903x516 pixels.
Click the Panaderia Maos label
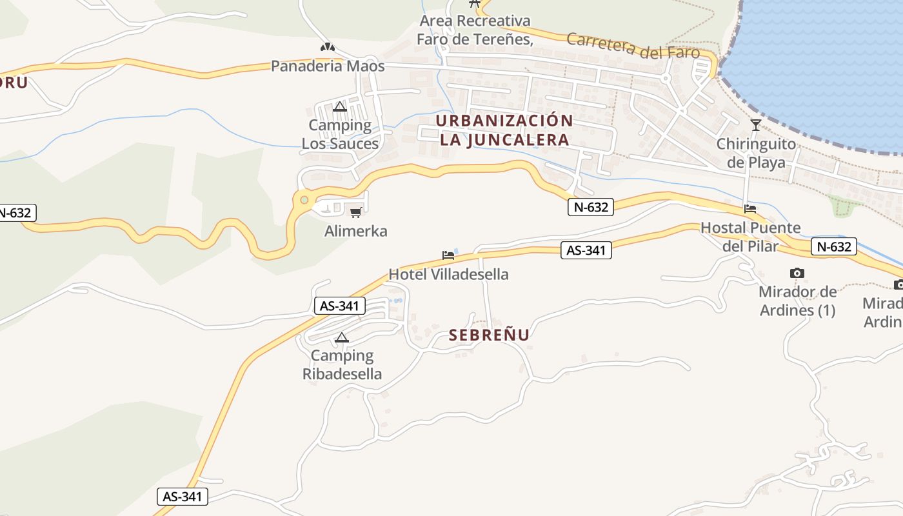click(x=328, y=66)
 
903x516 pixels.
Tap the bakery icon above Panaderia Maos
click(x=328, y=47)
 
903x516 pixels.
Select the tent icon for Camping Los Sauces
click(x=340, y=106)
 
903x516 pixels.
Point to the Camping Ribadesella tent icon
click(x=342, y=337)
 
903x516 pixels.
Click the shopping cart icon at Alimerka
click(x=355, y=212)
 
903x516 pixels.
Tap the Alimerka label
click(x=355, y=231)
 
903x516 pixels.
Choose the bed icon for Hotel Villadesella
click(x=448, y=255)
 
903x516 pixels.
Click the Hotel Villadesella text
click(x=448, y=274)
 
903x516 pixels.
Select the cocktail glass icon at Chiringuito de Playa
click(x=756, y=124)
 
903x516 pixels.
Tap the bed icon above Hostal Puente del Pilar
click(x=750, y=208)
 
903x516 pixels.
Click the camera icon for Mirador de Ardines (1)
click(x=797, y=273)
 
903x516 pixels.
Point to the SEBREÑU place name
click(x=489, y=335)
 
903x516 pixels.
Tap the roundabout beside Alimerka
click(x=304, y=201)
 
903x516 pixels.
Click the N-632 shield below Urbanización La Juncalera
click(x=590, y=207)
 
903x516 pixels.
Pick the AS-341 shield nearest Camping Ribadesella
click(x=340, y=305)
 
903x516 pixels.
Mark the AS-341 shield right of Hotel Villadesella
click(x=586, y=250)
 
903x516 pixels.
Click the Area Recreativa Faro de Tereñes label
click(x=475, y=30)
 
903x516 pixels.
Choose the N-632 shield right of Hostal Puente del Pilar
click(x=834, y=246)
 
